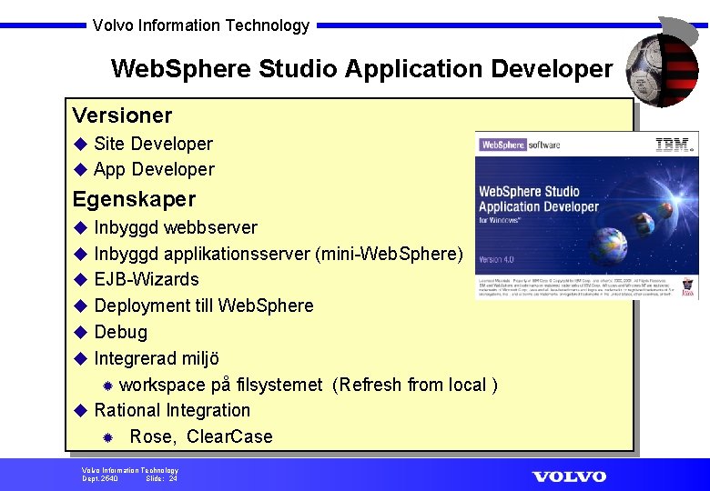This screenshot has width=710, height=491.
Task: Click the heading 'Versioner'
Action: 122,115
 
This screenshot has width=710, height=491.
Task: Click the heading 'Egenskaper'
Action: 134,198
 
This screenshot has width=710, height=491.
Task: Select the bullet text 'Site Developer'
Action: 153,144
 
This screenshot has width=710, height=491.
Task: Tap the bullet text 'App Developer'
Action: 154,169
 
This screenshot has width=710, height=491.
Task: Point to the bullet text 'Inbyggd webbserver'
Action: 176,227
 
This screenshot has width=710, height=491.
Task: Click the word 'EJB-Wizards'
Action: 147,279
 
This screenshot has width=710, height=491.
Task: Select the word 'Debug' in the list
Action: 120,332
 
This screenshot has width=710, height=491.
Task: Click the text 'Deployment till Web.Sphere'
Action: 204,306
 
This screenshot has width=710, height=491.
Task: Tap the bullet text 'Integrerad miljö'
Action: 157,358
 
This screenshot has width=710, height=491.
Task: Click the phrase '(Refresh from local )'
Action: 415,385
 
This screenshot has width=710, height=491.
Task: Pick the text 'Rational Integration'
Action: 172,410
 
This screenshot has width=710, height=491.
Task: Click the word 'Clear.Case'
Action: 229,436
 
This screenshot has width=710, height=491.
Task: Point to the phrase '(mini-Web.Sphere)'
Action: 389,254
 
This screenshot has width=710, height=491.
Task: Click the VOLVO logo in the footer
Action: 569,476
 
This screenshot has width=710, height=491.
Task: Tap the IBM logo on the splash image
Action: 674,144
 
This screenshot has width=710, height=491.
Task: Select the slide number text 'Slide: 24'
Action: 161,478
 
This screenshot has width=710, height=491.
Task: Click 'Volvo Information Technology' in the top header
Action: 201,25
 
